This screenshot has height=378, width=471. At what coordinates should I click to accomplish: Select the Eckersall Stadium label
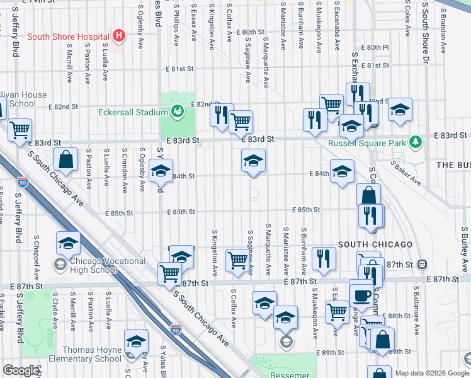tap(133, 113)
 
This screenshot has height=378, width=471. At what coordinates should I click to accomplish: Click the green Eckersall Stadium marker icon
tap(178, 112)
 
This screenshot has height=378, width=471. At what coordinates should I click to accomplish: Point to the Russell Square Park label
tap(368, 142)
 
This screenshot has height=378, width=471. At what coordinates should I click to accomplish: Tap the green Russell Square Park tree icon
tap(414, 142)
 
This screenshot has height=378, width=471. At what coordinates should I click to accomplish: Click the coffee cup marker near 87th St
tap(362, 294)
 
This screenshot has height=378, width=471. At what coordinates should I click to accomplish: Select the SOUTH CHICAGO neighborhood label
tap(375, 244)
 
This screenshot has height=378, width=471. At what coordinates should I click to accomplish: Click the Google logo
tap(21, 370)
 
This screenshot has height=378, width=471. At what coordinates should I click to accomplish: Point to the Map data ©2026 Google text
tap(432, 373)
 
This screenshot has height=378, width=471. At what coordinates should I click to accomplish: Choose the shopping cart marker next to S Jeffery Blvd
tap(20, 130)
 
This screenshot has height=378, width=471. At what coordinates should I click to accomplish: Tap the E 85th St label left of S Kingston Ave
tap(181, 212)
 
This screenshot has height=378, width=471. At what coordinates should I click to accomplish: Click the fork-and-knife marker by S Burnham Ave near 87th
tap(324, 258)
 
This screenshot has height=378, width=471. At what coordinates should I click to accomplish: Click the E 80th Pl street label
tap(375, 47)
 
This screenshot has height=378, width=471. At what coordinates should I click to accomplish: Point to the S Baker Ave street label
tap(406, 172)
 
